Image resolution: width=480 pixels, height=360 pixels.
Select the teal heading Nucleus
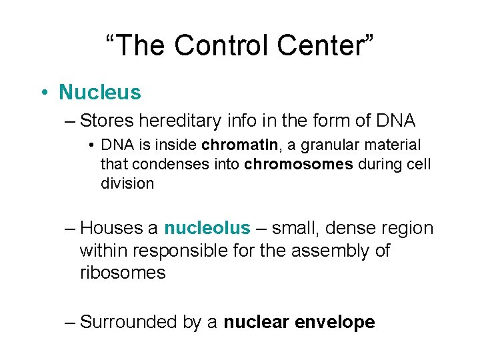(x=100, y=92)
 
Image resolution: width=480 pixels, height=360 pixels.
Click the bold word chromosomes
(x=299, y=164)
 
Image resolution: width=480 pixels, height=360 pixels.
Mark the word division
(x=127, y=183)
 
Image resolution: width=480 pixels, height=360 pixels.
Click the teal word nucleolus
(x=207, y=228)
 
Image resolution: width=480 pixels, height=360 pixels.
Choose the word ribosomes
(x=122, y=273)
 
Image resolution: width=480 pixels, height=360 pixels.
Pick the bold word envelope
(x=338, y=323)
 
